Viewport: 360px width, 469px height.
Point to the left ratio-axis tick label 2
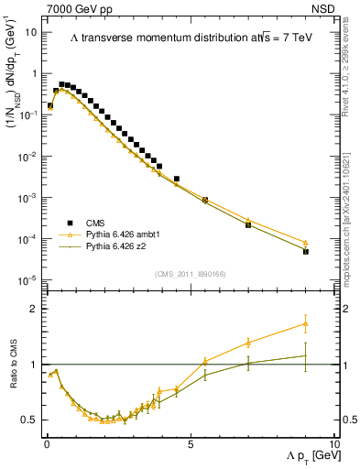pos(35,309)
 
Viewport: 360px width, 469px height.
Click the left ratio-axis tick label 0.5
pos(30,420)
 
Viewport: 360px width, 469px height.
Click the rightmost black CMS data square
pos(306,251)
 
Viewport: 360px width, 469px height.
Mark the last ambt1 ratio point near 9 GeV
pos(306,323)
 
